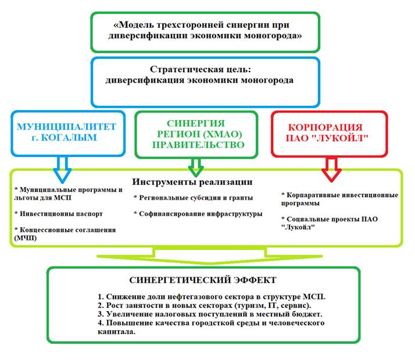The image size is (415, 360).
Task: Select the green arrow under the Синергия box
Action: [196, 166]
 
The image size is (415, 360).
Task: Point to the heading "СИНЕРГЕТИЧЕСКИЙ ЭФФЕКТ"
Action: [194, 280]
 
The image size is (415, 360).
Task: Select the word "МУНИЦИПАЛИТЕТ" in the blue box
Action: [67, 126]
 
